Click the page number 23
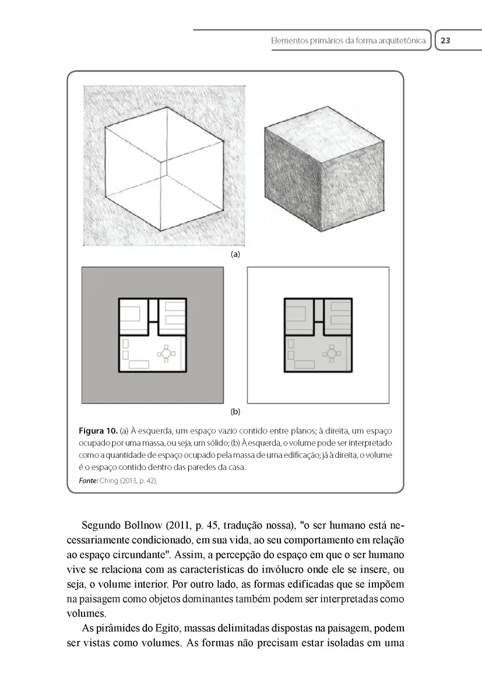pos(446,41)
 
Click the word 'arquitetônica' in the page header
pos(399,41)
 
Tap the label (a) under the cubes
pos(235,255)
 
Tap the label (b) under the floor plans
pos(235,411)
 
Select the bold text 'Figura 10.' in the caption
pos(97,431)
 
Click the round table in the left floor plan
pos(166,353)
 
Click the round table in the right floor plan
pos(332,353)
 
